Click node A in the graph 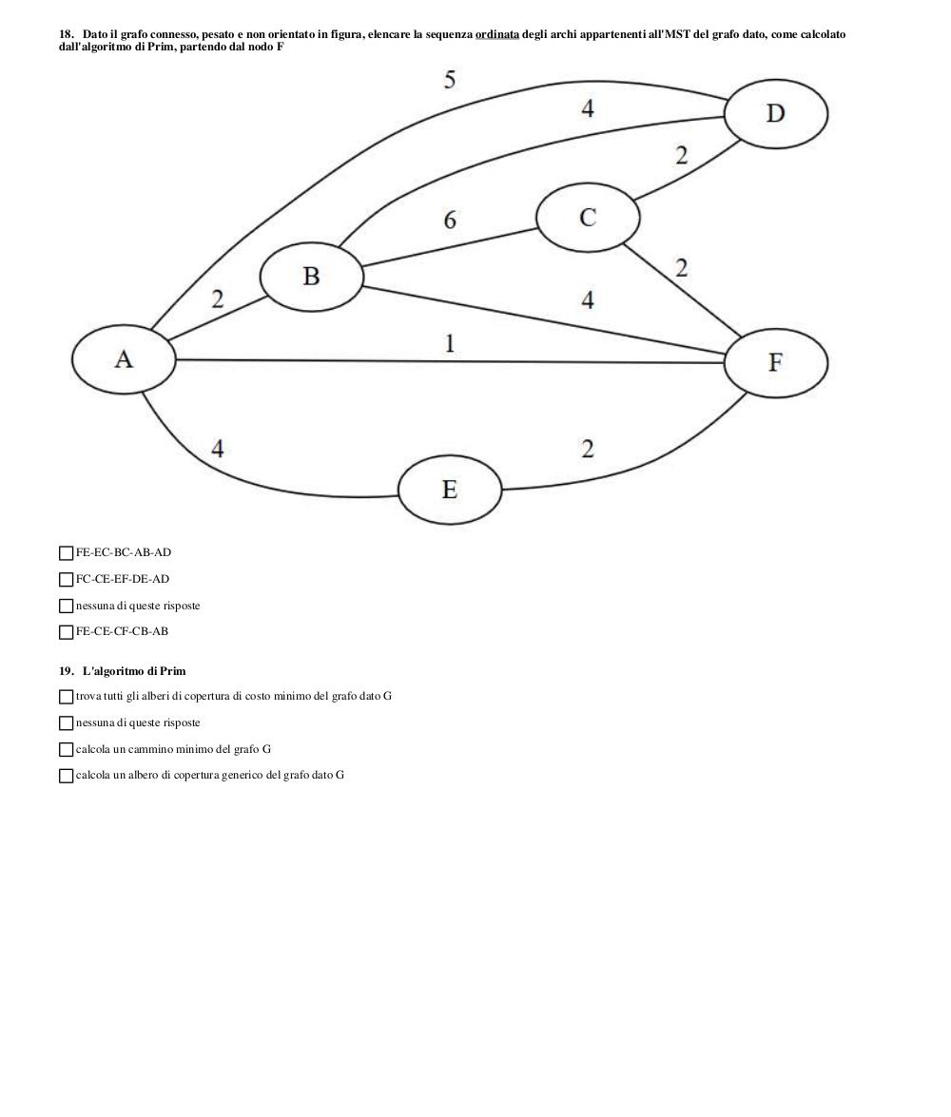click(124, 359)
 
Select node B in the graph click(312, 277)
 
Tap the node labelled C click(588, 218)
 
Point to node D click(776, 114)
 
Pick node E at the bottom click(450, 490)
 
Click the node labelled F click(776, 362)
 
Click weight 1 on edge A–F click(450, 343)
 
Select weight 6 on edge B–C click(450, 220)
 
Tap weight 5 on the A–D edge click(449, 79)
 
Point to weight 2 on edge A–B click(218, 299)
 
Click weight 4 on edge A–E click(218, 448)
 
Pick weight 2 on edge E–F click(588, 449)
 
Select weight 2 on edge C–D click(682, 155)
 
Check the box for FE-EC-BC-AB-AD click(67, 553)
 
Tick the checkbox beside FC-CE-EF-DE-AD click(67, 579)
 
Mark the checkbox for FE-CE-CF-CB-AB click(67, 632)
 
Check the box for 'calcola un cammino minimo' click(67, 749)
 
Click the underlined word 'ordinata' click(497, 34)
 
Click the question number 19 click(67, 671)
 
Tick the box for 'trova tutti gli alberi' click(67, 697)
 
